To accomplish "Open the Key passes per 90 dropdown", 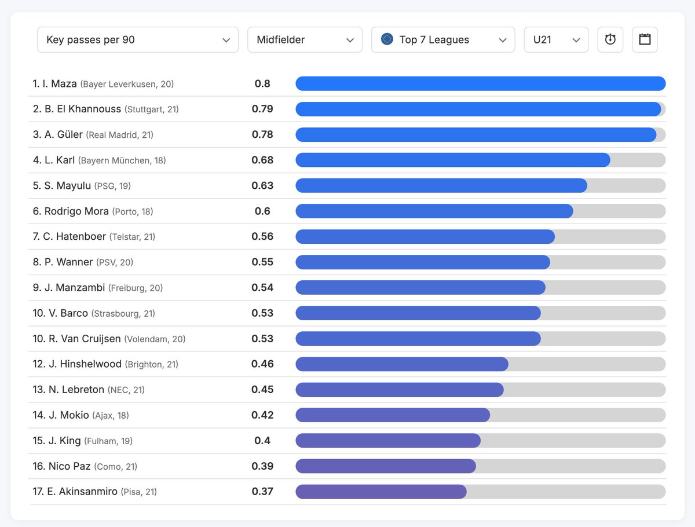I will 137,40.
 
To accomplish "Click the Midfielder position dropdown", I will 305,40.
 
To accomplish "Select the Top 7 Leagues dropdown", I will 443,40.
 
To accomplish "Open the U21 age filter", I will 555,40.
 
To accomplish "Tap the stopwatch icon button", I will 610,40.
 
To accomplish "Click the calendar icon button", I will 645,40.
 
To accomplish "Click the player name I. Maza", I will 60,84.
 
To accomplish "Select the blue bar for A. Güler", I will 475,135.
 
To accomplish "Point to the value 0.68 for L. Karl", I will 262,160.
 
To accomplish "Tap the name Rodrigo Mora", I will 76,211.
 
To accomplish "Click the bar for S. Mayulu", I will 441,186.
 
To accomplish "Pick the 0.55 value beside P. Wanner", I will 262,262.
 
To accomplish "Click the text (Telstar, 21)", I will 132,237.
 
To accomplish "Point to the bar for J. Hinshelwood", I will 401,364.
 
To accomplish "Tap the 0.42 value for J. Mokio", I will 262,415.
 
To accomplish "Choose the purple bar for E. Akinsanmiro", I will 381,492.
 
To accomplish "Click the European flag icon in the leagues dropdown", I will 387,39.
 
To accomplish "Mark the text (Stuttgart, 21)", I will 151,109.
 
